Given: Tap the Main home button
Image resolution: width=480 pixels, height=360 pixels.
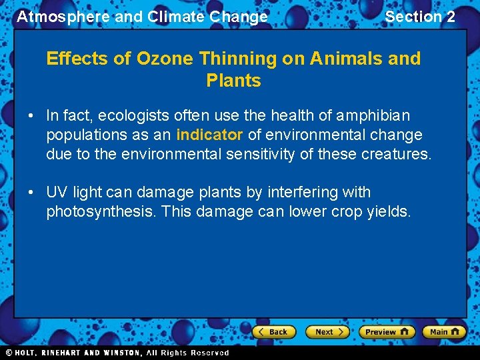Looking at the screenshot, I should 444,331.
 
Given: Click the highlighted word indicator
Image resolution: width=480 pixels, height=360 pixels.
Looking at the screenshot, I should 209,135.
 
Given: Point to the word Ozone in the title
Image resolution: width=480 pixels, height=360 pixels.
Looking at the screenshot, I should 163,59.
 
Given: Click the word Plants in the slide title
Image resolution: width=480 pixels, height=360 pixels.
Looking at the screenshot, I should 233,81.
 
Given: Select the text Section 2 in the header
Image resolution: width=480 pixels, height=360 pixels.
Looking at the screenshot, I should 420,17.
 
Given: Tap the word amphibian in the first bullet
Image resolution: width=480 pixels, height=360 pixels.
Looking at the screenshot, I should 373,115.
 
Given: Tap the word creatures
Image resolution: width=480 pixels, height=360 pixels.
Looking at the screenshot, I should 397,154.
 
